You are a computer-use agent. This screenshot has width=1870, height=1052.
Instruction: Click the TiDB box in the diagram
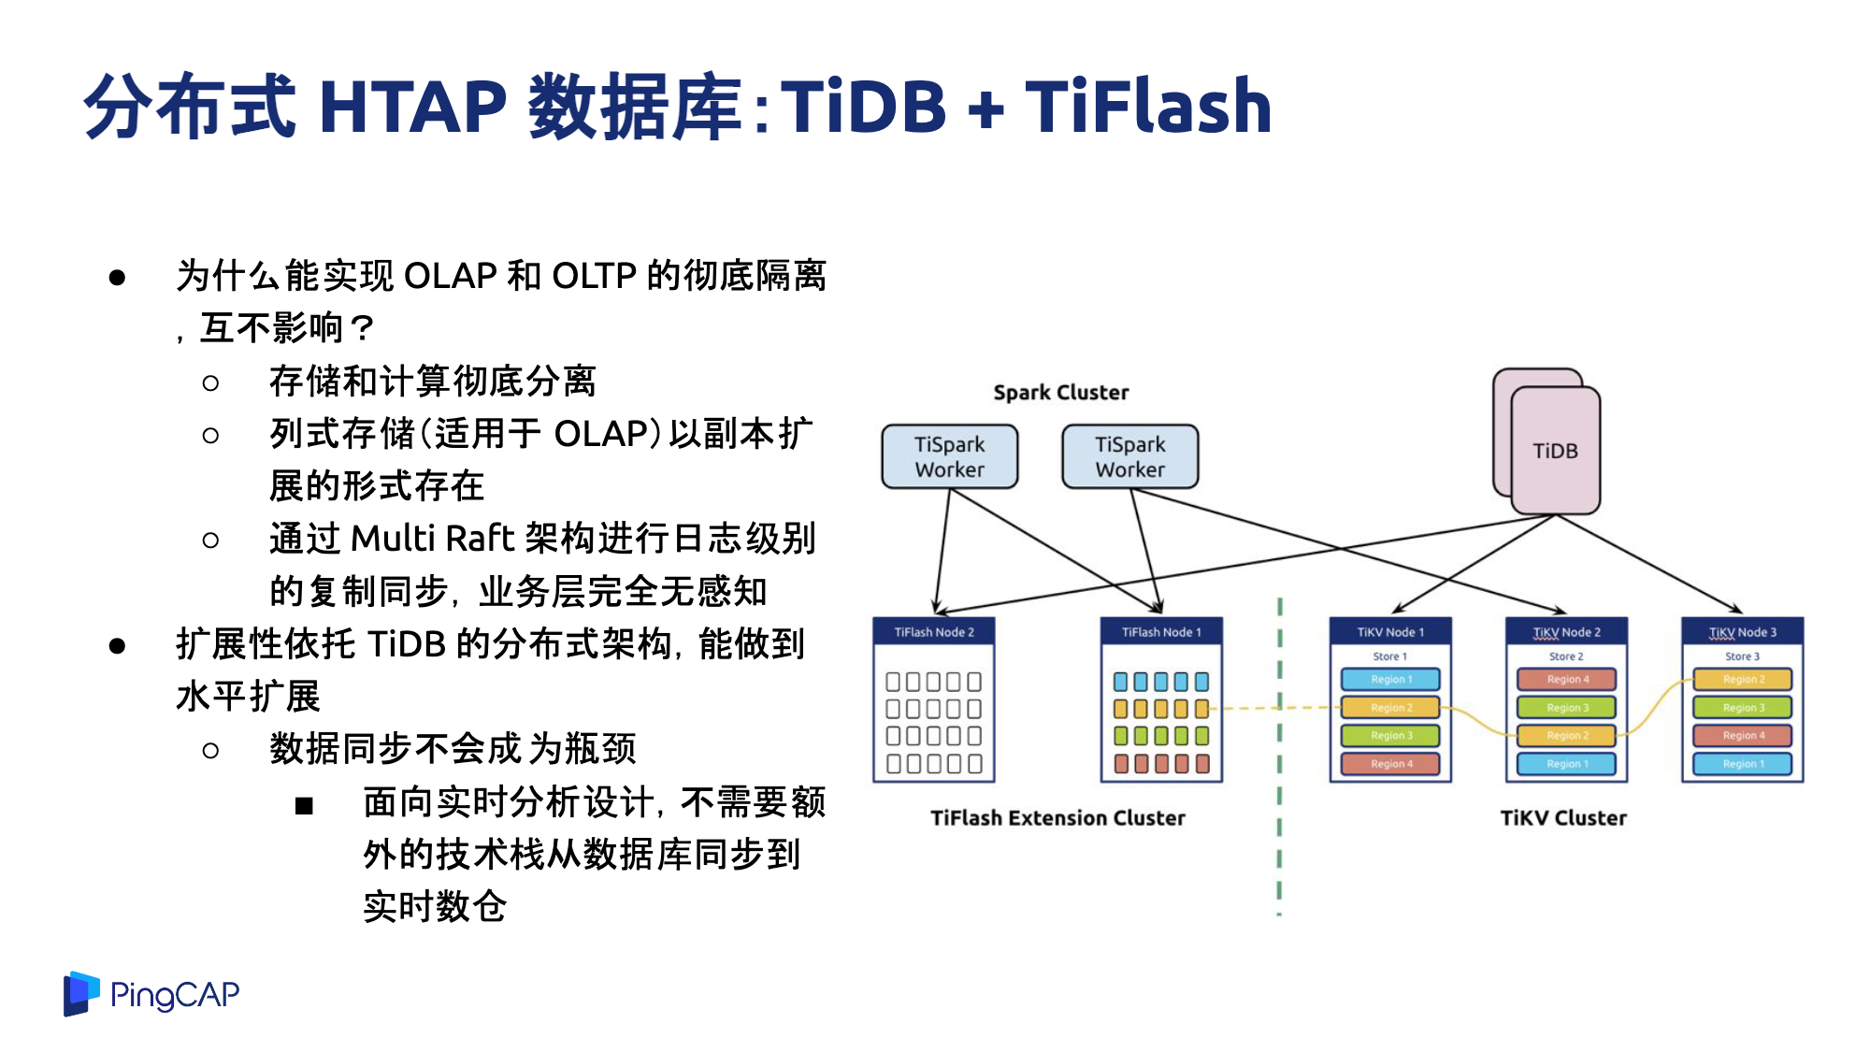tap(1556, 451)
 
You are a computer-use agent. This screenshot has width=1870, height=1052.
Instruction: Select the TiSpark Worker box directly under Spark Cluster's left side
tap(950, 456)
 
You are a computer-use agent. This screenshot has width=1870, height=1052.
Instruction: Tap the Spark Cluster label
tap(1061, 393)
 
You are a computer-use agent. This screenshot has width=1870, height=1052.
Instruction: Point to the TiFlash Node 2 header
tap(934, 632)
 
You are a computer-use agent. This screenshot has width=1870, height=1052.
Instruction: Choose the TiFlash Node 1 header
tap(1162, 632)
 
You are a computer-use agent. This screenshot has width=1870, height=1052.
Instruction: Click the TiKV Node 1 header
tap(1390, 632)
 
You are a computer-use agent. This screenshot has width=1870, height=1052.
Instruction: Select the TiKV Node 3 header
tap(1743, 632)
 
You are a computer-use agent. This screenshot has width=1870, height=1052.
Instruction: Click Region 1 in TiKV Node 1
tap(1391, 679)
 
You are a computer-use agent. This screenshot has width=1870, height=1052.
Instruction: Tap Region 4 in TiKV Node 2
tap(1567, 679)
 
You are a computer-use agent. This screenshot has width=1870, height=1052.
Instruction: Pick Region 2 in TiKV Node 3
tap(1744, 679)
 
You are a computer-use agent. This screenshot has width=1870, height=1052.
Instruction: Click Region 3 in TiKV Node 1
tap(1391, 735)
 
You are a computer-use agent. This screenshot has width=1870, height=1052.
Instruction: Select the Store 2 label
tap(1566, 656)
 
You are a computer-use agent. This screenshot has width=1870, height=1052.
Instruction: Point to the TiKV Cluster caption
tap(1563, 818)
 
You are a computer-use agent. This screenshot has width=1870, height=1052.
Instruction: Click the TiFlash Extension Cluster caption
tap(1057, 818)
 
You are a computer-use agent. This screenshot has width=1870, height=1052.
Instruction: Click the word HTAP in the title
tap(412, 107)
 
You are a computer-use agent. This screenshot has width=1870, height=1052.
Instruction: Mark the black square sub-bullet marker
tap(304, 806)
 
